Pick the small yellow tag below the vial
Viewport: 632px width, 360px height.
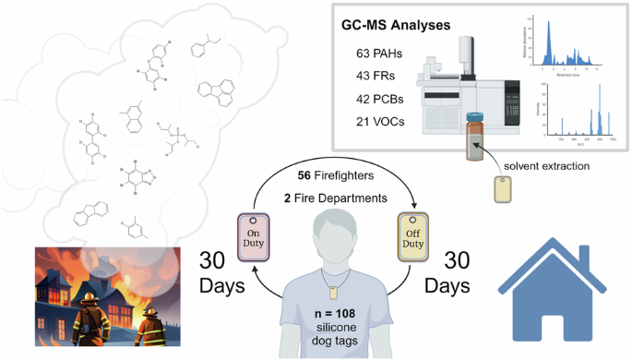pyautogui.click(x=504, y=189)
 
